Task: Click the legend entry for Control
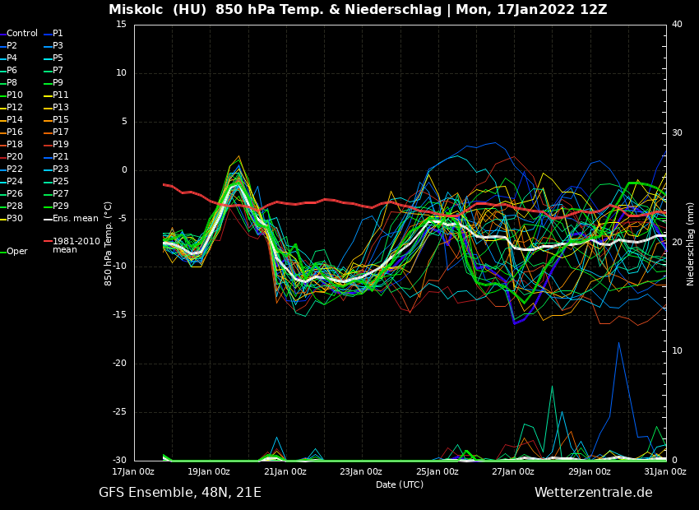coord(21,34)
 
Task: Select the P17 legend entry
coord(60,132)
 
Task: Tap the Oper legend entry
coord(16,252)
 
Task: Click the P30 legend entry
coord(15,219)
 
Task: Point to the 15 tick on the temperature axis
coord(121,25)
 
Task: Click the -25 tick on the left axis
coord(119,412)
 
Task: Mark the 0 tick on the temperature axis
coord(124,170)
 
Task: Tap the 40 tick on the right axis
coord(677,25)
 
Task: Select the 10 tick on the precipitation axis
coord(677,351)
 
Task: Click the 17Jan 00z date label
coord(133,471)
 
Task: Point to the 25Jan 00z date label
coord(437,471)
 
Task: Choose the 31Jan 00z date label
coord(665,471)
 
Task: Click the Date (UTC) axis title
coord(400,484)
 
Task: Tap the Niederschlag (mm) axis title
coord(691,243)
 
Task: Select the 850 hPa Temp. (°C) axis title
coord(109,243)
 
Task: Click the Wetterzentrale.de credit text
coord(593,493)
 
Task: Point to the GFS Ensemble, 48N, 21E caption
coord(180,493)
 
